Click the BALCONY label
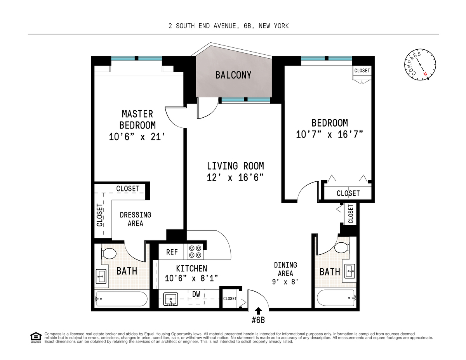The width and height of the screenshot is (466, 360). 233,75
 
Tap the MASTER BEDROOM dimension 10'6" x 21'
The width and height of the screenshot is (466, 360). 137,137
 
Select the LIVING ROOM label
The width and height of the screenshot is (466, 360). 235,166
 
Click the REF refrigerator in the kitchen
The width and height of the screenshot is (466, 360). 172,252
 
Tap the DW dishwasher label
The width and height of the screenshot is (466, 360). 196,294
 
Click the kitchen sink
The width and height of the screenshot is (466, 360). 170,299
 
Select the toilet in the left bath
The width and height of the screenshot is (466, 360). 108,253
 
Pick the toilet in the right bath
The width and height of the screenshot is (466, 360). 342,247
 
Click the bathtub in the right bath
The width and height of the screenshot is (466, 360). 336,298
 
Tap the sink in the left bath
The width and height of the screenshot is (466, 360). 101,277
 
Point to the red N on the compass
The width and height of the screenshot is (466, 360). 426,74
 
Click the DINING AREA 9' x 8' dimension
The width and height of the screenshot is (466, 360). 285,282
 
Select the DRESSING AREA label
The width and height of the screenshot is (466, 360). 135,219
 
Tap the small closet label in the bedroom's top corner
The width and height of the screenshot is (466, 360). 362,71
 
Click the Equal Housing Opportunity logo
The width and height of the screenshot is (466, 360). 36,338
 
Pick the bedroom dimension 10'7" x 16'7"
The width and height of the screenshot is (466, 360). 329,134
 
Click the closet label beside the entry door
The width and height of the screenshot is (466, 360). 230,299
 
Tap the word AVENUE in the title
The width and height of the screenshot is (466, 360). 226,26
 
